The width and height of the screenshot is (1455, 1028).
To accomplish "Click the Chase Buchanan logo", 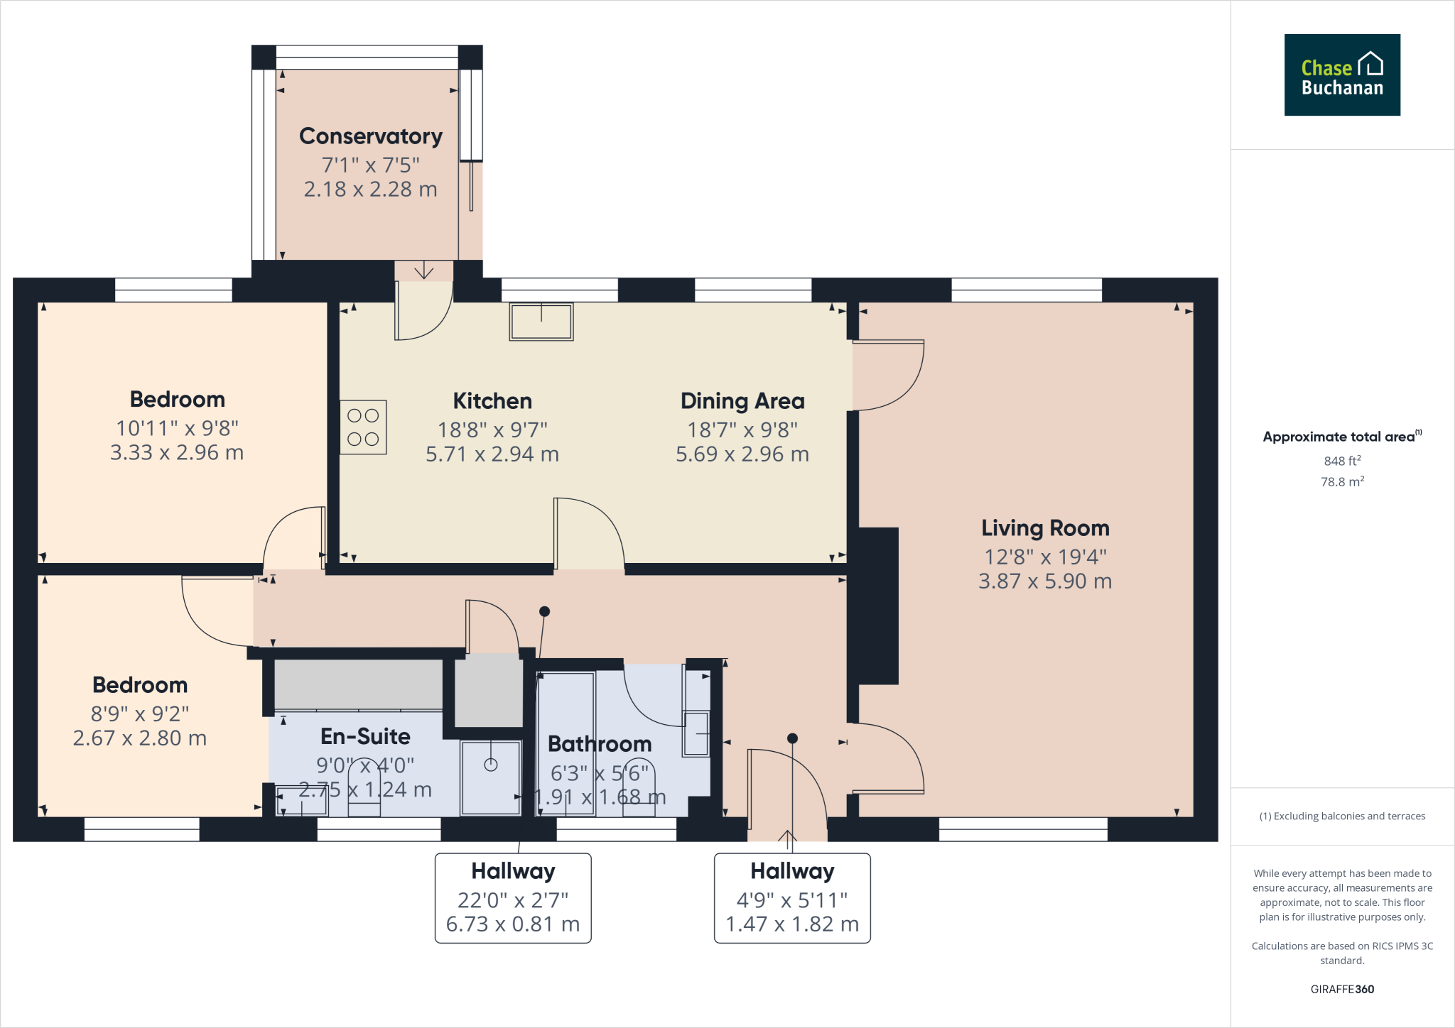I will coord(1341,75).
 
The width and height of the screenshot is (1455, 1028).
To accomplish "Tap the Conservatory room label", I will coord(370,136).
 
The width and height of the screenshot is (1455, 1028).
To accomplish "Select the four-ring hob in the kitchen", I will coord(363,427).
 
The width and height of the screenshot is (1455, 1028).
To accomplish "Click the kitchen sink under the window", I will coord(541,322).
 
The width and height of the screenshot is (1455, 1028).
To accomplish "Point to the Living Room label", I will coord(1044,528).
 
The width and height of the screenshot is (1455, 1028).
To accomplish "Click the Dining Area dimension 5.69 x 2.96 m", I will coord(742,454).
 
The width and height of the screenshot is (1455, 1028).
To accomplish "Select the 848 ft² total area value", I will coord(1341,461).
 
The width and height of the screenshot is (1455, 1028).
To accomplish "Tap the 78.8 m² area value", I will coord(1341,482).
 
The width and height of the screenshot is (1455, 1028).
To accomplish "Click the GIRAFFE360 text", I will coord(1341,989).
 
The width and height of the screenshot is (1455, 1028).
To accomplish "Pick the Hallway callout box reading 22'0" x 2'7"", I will coord(513,898).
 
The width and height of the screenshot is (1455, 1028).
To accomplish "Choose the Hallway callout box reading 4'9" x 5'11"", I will coord(792,898).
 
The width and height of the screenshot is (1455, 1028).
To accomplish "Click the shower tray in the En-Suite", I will coord(491,777).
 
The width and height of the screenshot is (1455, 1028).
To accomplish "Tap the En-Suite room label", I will coord(365,736).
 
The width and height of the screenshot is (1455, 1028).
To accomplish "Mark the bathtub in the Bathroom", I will coord(566,743).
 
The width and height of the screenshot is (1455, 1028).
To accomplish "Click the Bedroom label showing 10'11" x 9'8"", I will coord(177,399).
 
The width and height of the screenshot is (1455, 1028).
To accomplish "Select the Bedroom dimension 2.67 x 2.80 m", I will coord(140,738).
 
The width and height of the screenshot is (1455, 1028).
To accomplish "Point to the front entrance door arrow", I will coord(787,838).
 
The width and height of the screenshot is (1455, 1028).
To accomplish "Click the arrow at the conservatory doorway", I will coord(424,270).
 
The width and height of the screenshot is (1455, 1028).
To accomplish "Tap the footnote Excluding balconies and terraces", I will coord(1341,816).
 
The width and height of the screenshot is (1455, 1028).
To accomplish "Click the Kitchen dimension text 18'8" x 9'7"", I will coord(492,430).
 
